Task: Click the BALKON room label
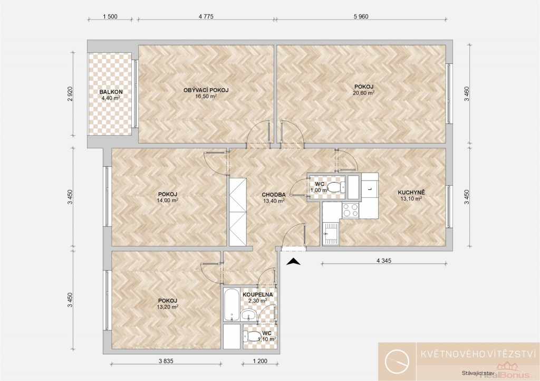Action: pos(111,92)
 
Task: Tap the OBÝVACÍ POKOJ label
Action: pos(206,90)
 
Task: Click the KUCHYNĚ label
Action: pos(411,193)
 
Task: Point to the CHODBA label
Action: pos(274,195)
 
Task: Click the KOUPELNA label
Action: pos(257,295)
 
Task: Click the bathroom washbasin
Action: pos(248,315)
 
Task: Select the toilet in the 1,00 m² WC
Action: pos(336,187)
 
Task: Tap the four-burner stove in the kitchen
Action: pos(350,209)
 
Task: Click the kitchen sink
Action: pos(331,234)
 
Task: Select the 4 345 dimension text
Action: pos(384,261)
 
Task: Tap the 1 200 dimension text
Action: pos(260,361)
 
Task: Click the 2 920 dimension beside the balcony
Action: pos(70,94)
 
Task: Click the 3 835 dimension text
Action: pos(166,361)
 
